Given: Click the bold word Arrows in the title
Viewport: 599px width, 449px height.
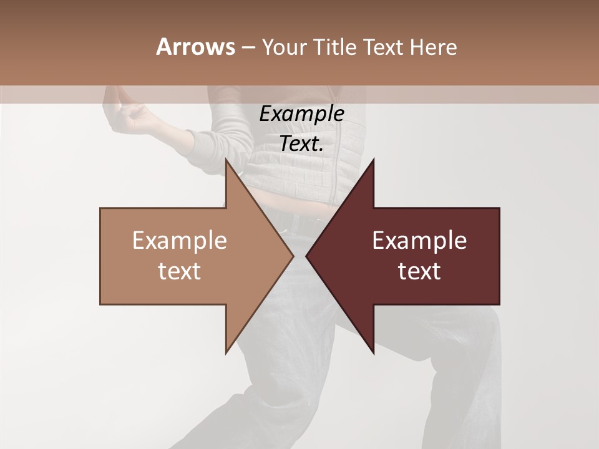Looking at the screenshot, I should pyautogui.click(x=195, y=47).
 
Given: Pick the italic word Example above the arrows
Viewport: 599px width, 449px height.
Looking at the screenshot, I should pyautogui.click(x=301, y=114).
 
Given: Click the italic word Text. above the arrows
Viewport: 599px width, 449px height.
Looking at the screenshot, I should pyautogui.click(x=301, y=144).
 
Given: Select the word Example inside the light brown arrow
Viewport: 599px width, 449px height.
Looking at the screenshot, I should pyautogui.click(x=179, y=241).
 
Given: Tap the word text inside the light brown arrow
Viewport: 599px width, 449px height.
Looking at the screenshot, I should pyautogui.click(x=179, y=271).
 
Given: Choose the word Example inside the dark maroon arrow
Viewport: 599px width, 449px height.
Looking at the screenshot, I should pyautogui.click(x=419, y=241).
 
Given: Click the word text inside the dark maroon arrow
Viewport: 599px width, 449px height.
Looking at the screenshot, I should pyautogui.click(x=419, y=271).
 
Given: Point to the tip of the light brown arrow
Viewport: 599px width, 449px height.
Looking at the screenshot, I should pyautogui.click(x=293, y=256).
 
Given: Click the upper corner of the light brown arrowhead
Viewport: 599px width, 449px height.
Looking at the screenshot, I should pyautogui.click(x=226, y=160).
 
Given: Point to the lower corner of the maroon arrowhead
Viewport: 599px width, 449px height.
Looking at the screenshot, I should pyautogui.click(x=373, y=352).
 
